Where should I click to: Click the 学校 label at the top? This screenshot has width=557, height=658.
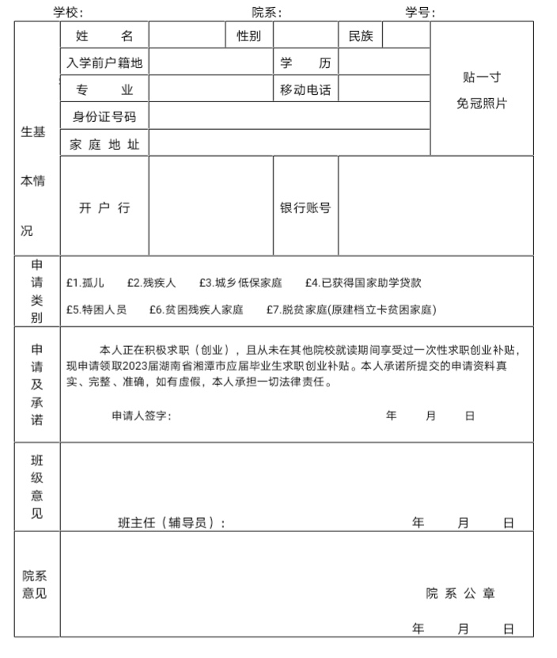coord(67,12)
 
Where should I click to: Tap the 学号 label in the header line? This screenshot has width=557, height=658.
coord(420,12)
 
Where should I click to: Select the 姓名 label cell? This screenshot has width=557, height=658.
coord(104,36)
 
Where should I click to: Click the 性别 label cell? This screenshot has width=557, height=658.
coord(248,36)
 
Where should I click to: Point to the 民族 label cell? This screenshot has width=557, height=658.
coord(360,36)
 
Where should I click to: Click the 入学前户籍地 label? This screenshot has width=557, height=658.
coord(104,63)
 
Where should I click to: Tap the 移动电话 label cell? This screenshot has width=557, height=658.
coord(305,89)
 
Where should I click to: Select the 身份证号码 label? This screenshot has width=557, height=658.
coord(104,116)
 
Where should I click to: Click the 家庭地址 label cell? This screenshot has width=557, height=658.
coord(104,144)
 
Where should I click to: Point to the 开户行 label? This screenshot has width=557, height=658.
coord(104,207)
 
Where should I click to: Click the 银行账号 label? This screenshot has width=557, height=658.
coord(305,207)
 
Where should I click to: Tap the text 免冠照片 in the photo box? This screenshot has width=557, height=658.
coord(481,103)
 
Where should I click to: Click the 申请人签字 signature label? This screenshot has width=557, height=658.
coord(141,416)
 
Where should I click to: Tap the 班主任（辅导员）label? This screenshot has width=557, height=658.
coord(171,523)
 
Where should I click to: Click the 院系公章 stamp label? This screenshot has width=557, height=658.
coord(460,594)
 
